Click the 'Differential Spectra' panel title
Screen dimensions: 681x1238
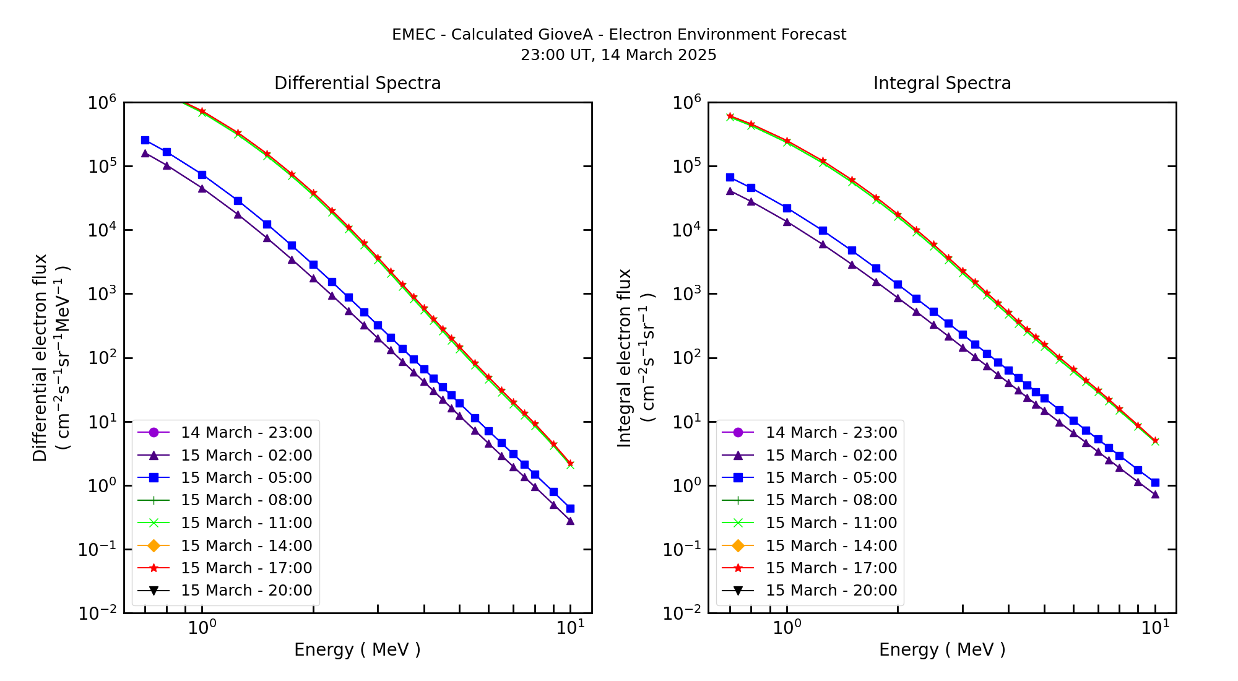point(357,83)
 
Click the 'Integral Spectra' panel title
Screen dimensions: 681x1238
point(941,83)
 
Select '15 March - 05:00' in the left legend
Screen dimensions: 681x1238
point(246,477)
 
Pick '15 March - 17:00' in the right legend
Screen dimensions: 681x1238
point(831,568)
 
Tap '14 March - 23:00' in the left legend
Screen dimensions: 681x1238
point(246,432)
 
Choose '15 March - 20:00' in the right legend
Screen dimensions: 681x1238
point(831,590)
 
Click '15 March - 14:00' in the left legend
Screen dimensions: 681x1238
point(246,545)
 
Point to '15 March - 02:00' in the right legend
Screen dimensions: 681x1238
point(831,455)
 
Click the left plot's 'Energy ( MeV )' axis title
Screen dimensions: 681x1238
point(357,649)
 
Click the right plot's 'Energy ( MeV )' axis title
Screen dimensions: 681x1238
point(941,649)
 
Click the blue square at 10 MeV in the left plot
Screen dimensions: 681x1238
point(570,508)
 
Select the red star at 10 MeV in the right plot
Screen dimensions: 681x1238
point(1155,441)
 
